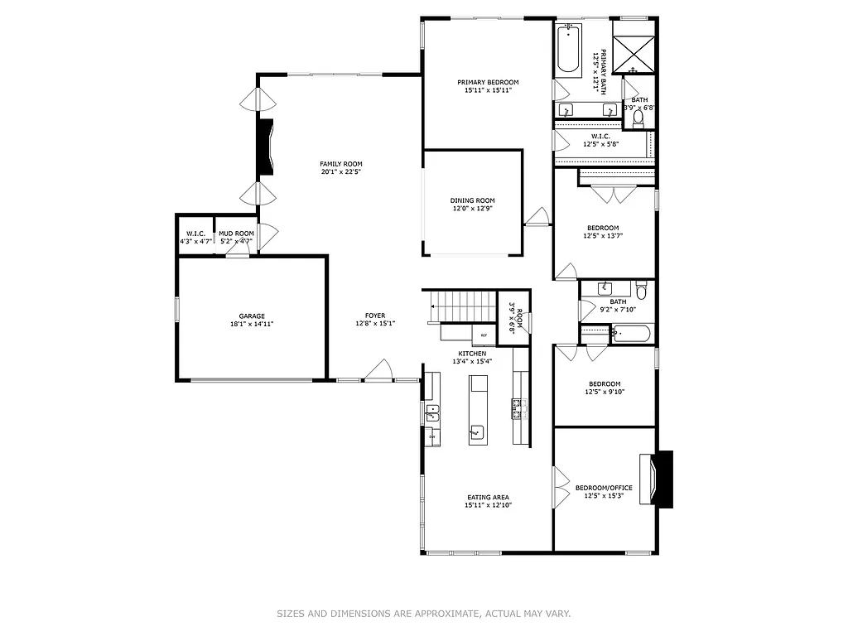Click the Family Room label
[341, 164]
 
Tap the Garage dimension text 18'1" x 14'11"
[252, 325]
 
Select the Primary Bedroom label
[488, 82]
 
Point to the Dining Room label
[472, 200]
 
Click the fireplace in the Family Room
[266, 147]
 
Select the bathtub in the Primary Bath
[568, 49]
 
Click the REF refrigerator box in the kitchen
[484, 335]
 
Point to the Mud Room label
[236, 234]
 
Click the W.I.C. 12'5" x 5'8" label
[600, 136]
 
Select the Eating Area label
[488, 497]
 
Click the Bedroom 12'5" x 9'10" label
[605, 383]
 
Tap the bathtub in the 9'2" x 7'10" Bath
[632, 334]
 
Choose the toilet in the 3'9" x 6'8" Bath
[637, 119]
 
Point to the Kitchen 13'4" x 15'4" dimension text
[472, 361]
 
